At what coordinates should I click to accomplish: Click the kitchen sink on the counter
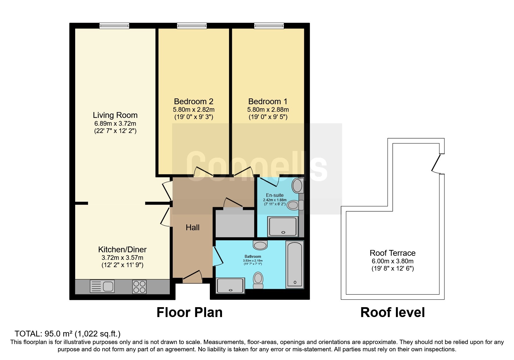(x=102, y=286)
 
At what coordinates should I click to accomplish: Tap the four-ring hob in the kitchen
(x=139, y=286)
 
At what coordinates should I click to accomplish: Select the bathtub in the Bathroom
(x=295, y=264)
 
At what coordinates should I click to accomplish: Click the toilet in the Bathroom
(x=258, y=280)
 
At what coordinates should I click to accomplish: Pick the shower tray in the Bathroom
(x=231, y=285)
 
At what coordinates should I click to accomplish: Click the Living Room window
(x=114, y=26)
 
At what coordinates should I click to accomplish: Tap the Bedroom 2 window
(x=192, y=26)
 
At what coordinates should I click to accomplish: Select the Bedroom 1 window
(x=269, y=26)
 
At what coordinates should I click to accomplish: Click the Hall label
(x=193, y=228)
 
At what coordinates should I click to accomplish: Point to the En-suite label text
(x=275, y=195)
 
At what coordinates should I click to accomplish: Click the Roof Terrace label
(x=393, y=253)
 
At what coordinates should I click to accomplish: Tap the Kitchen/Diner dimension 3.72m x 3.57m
(x=122, y=258)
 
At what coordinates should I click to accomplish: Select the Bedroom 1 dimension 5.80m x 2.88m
(x=268, y=110)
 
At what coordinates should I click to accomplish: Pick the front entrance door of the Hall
(x=192, y=277)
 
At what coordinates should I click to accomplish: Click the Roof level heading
(x=393, y=312)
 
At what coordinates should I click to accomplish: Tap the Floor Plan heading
(x=190, y=312)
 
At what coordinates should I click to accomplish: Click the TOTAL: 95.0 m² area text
(x=68, y=334)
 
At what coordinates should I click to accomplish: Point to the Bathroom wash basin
(x=260, y=245)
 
